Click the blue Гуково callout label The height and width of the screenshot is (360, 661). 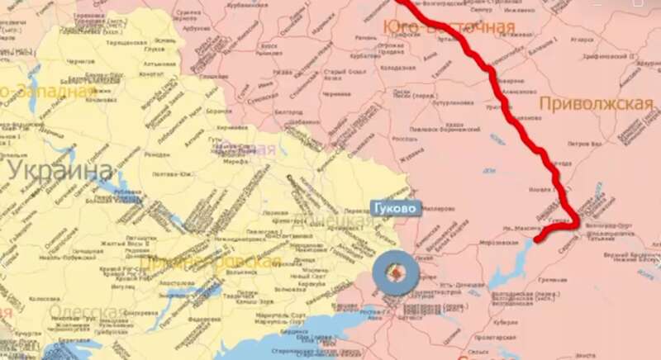click(x=394, y=207)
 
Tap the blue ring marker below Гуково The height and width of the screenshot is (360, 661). click(x=397, y=274)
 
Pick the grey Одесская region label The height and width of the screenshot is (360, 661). click(x=82, y=311)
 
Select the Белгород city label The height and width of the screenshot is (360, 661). click(x=288, y=108)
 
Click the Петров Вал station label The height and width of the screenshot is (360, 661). click(x=583, y=143)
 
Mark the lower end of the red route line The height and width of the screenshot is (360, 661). click(x=538, y=241)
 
